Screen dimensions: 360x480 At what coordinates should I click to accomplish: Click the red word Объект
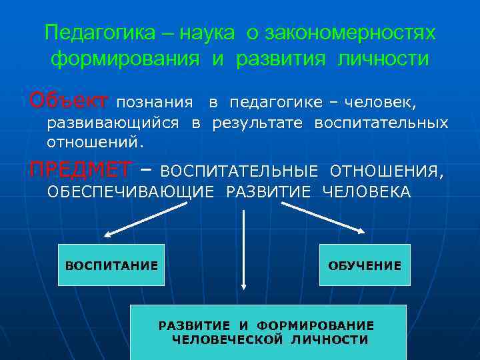(x=69, y=102)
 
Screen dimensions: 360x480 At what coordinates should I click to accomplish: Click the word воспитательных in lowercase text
(x=381, y=123)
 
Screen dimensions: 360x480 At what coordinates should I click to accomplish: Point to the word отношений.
(x=94, y=141)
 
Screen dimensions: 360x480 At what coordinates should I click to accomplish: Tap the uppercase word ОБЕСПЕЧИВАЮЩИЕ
(x=130, y=192)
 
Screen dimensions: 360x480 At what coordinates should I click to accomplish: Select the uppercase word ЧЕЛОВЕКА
(x=366, y=192)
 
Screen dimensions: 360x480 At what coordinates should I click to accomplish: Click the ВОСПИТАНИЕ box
(x=111, y=265)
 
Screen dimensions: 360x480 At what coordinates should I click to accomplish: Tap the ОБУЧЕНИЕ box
(x=365, y=265)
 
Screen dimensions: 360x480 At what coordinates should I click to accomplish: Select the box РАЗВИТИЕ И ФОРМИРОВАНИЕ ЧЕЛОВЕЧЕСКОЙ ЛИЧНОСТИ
(x=267, y=332)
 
